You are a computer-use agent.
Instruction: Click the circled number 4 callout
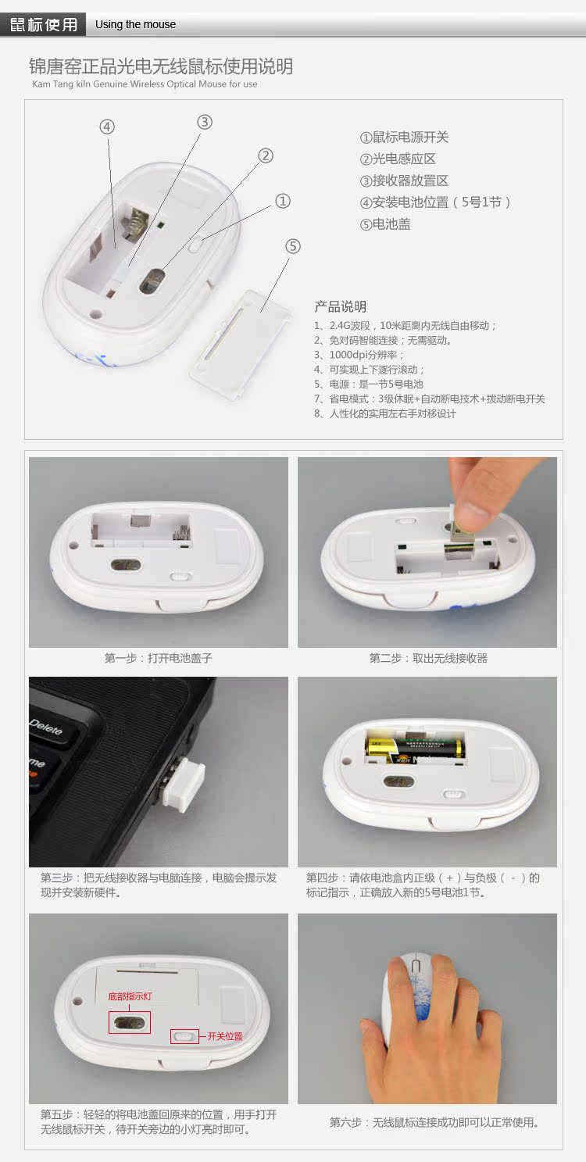[107, 127]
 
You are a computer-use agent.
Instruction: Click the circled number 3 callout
[205, 122]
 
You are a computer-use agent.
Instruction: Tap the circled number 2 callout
[265, 156]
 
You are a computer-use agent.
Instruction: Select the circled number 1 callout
[282, 202]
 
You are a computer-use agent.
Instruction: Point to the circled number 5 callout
[292, 246]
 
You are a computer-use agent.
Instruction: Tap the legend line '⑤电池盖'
[385, 224]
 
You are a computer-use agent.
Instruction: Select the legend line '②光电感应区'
[398, 159]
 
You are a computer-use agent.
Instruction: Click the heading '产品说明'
[340, 306]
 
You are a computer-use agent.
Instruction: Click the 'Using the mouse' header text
[135, 24]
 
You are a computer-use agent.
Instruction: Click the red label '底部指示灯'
[130, 996]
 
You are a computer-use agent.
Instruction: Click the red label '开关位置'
[225, 1036]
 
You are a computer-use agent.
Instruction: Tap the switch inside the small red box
[184, 1036]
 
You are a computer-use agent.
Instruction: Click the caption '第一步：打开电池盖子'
[158, 658]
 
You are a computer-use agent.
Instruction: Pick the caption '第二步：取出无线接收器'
[428, 658]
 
